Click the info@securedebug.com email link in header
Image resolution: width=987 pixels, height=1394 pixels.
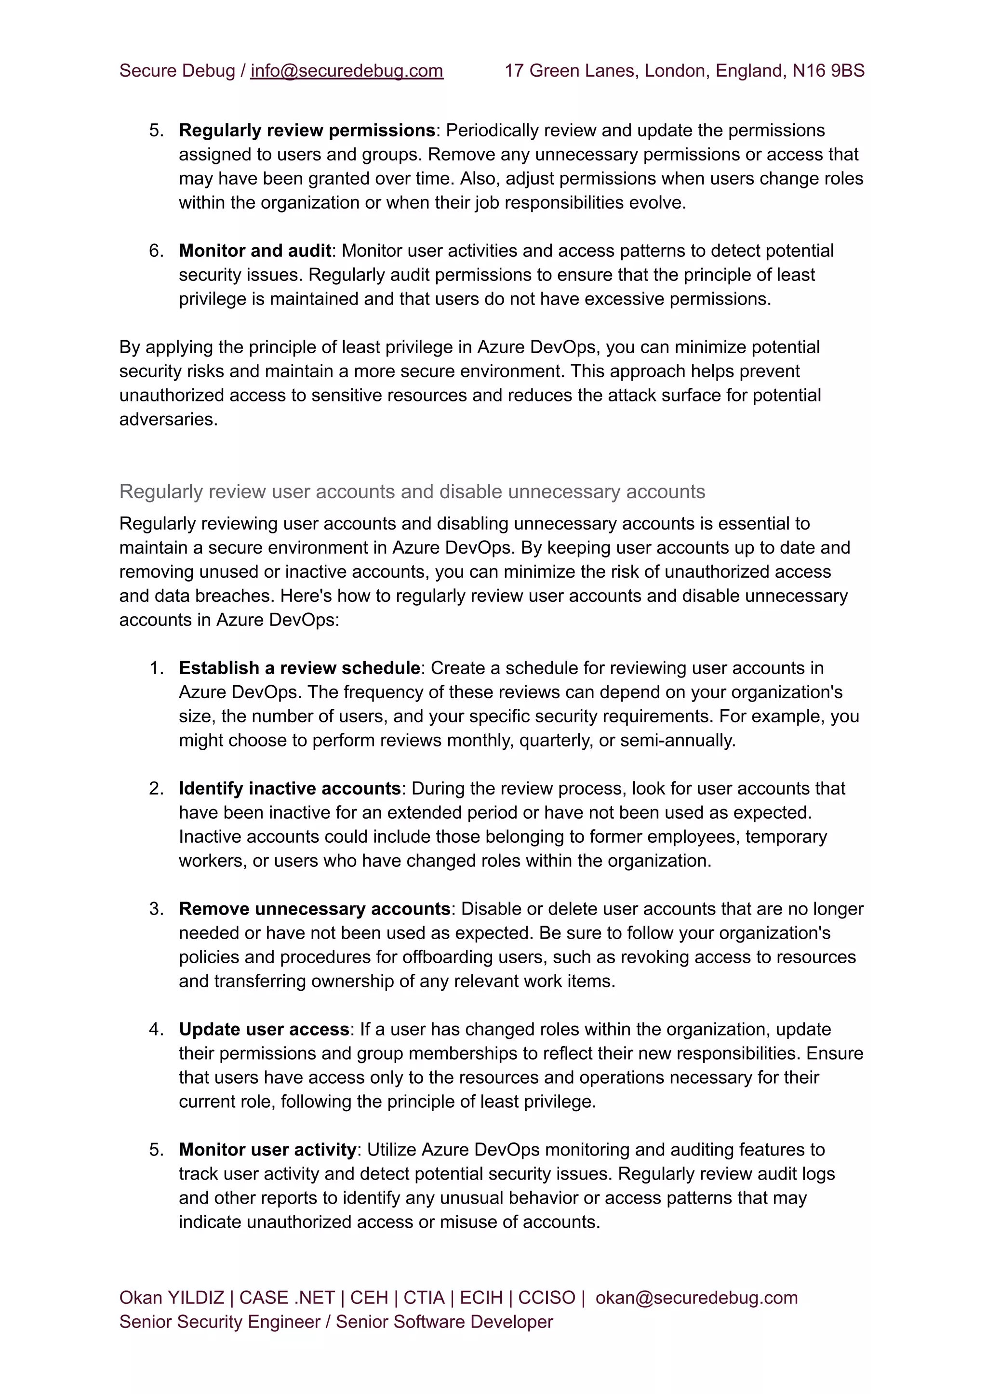click(x=347, y=71)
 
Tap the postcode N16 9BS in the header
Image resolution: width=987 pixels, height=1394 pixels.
click(x=828, y=71)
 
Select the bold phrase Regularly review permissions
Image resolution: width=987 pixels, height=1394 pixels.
click(x=307, y=131)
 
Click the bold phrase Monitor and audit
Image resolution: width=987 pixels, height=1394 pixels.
click(x=254, y=251)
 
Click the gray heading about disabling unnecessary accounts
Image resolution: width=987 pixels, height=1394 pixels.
click(x=412, y=491)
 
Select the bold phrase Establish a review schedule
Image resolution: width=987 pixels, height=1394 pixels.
click(x=299, y=668)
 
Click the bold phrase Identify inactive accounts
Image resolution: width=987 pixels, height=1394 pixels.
click(x=289, y=789)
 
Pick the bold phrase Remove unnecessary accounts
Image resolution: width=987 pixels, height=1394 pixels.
click(x=314, y=909)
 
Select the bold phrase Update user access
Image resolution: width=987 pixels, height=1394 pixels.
click(x=264, y=1029)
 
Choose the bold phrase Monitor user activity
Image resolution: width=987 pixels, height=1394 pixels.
click(x=267, y=1150)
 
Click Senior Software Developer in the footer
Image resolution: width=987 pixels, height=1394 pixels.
click(x=444, y=1322)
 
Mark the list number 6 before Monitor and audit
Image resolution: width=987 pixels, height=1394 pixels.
click(x=156, y=251)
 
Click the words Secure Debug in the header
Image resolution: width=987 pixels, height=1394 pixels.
click(x=176, y=71)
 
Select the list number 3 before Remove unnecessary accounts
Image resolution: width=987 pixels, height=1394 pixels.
click(x=156, y=909)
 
